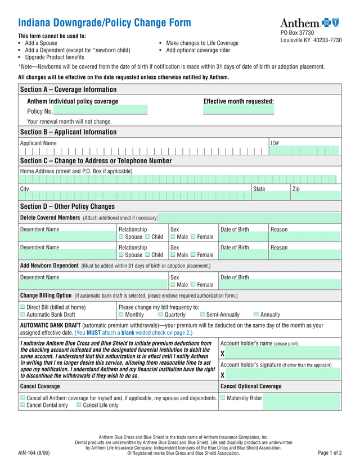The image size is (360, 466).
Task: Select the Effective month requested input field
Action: coord(238,110)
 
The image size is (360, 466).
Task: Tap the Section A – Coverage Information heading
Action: coord(68,89)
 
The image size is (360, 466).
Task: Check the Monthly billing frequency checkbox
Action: coord(121,315)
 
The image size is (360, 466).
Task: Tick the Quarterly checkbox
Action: coord(160,315)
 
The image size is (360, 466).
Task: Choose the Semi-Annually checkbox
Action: coord(202,315)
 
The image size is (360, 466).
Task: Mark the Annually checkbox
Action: coord(256,315)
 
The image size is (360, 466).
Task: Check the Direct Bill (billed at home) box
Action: coord(22,307)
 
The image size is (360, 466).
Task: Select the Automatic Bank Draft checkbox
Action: coord(22,315)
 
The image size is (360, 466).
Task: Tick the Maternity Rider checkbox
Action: coord(223,398)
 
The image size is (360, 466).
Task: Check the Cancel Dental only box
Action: coord(22,405)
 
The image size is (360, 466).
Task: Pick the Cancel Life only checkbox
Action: coord(79,405)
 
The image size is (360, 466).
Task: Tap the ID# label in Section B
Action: coord(275,143)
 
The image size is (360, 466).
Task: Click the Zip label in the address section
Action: coord(296,189)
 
